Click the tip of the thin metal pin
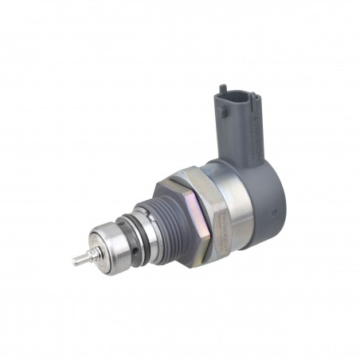tap(75, 260)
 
